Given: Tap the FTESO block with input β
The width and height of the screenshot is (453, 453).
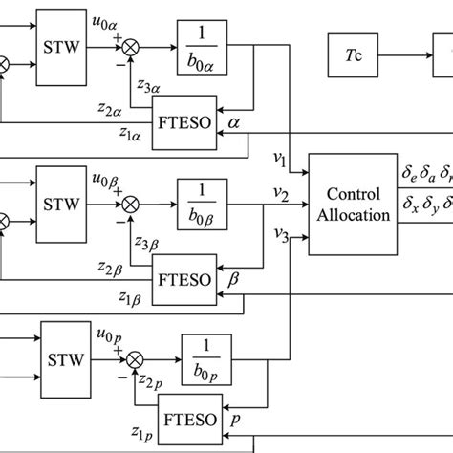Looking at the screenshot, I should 187,270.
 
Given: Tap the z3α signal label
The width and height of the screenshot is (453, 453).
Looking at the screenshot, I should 149,88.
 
